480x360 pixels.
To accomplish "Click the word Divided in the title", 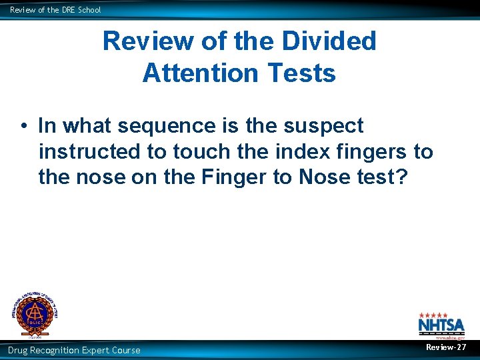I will [330, 41].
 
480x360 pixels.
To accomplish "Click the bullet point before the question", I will [23, 126].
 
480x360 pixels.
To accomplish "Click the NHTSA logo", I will [437, 325].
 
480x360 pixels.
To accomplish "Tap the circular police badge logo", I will [33, 314].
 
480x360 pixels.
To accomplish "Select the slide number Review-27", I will [446, 347].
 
